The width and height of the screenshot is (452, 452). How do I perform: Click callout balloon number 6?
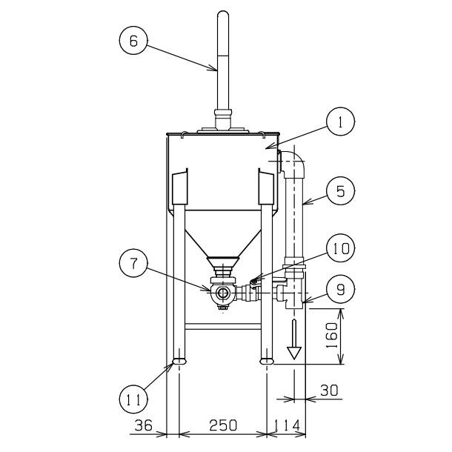[134, 42]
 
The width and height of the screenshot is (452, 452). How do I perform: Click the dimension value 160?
[333, 336]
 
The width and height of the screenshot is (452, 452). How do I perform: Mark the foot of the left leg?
[179, 362]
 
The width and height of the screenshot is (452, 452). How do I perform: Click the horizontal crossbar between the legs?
[222, 325]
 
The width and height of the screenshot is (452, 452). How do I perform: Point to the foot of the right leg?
[267, 362]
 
